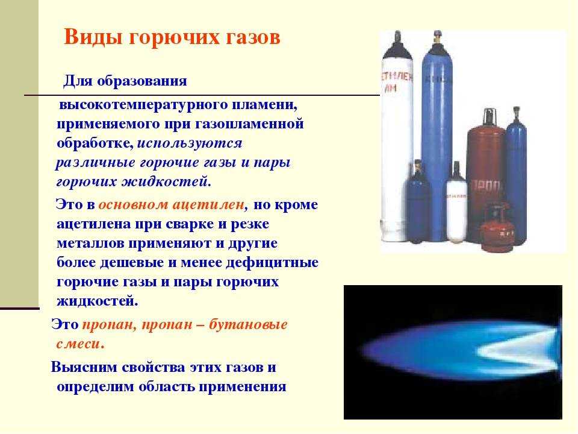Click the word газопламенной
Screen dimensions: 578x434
click(249, 124)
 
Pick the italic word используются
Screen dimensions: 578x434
click(190, 143)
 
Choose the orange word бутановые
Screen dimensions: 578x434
click(248, 325)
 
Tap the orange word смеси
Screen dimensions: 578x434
click(79, 344)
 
